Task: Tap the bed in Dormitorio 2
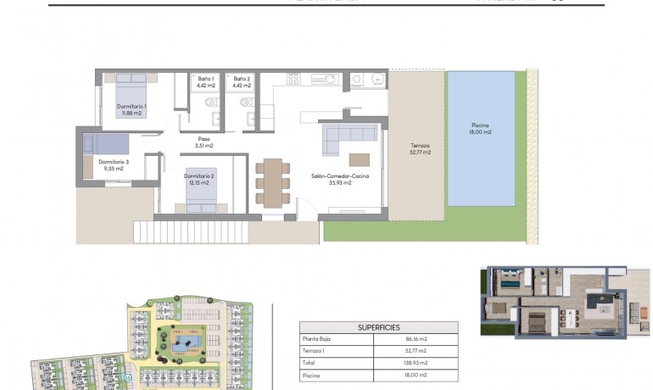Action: coord(200,192)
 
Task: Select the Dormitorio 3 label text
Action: coord(114,164)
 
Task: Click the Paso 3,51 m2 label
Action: coord(204,142)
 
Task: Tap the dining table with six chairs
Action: coord(272,182)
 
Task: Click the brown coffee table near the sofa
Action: coord(360,159)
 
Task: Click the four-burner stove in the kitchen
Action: coord(293,79)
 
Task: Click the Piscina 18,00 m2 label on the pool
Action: coord(481,129)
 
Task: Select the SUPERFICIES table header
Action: coord(378,327)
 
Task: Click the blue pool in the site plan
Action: coord(186,343)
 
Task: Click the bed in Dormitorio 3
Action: coord(106,143)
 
